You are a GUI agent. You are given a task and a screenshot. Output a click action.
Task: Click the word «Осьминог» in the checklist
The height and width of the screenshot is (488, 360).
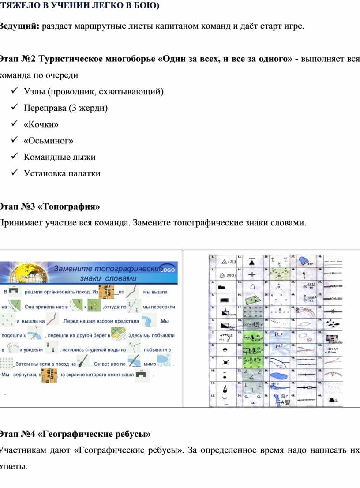tap(49, 141)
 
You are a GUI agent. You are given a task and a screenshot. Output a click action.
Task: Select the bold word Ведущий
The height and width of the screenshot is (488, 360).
tap(19, 26)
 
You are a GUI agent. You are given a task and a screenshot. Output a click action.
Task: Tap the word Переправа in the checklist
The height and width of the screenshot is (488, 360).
tap(45, 108)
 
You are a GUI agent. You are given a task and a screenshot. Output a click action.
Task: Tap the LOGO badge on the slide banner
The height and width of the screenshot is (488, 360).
tap(168, 269)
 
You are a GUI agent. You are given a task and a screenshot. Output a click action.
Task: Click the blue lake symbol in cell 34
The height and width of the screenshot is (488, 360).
tap(277, 376)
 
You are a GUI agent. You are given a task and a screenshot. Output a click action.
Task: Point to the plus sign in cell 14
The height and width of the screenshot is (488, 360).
tap(252, 274)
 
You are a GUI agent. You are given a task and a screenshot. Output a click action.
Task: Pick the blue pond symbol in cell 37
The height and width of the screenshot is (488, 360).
tap(303, 261)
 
